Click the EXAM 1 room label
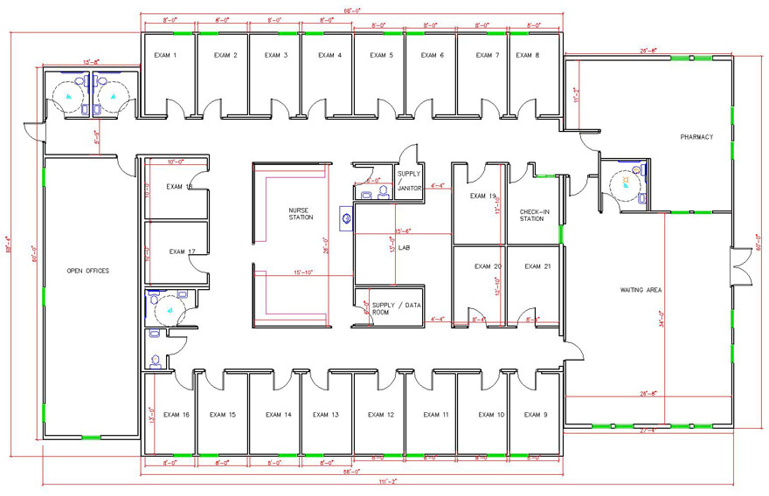pyautogui.click(x=166, y=55)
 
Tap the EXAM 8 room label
pyautogui.click(x=527, y=55)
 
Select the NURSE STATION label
pyautogui.click(x=300, y=214)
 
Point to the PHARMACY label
pyautogui.click(x=697, y=137)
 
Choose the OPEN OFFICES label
pyautogui.click(x=87, y=272)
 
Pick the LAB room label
pyautogui.click(x=405, y=248)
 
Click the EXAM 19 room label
pyautogui.click(x=482, y=196)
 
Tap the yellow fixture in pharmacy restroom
pyautogui.click(x=626, y=180)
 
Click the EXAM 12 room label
pyautogui.click(x=380, y=415)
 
